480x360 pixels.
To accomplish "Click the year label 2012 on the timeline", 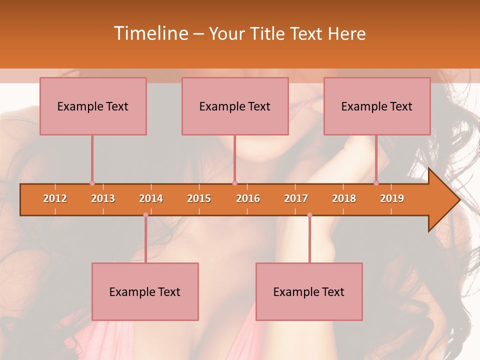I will tap(55, 198).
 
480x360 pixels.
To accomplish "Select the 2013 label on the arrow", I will tap(103, 198).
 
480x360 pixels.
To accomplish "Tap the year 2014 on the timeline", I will tap(151, 198).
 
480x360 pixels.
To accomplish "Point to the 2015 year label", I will tap(199, 198).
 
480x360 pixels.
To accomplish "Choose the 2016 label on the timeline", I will tap(248, 198).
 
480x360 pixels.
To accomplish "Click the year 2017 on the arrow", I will tap(296, 198).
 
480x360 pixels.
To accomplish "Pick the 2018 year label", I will tap(344, 198).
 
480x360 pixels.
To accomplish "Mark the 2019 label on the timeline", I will tap(392, 198).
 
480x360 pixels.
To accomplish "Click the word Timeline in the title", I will tap(150, 33).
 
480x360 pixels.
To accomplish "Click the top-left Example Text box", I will tap(93, 106).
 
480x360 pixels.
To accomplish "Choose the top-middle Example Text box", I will tap(235, 106).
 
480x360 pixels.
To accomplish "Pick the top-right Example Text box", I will tap(377, 106).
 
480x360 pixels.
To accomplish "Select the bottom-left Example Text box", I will tap(145, 291).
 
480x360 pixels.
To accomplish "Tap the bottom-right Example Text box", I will tap(309, 291).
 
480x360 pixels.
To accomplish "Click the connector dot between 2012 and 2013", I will tap(92, 183).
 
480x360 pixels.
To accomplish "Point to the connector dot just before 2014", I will tap(145, 215).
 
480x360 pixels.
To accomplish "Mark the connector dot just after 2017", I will tap(309, 215).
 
